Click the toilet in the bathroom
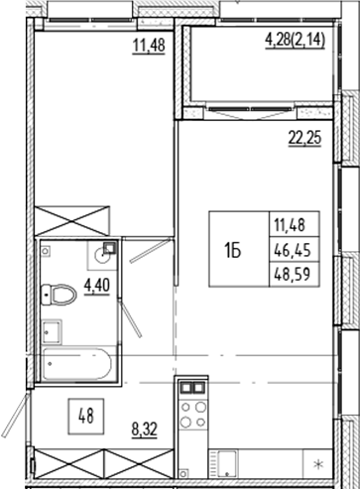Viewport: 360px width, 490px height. [x=62, y=294]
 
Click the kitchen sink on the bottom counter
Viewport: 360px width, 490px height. [x=228, y=461]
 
